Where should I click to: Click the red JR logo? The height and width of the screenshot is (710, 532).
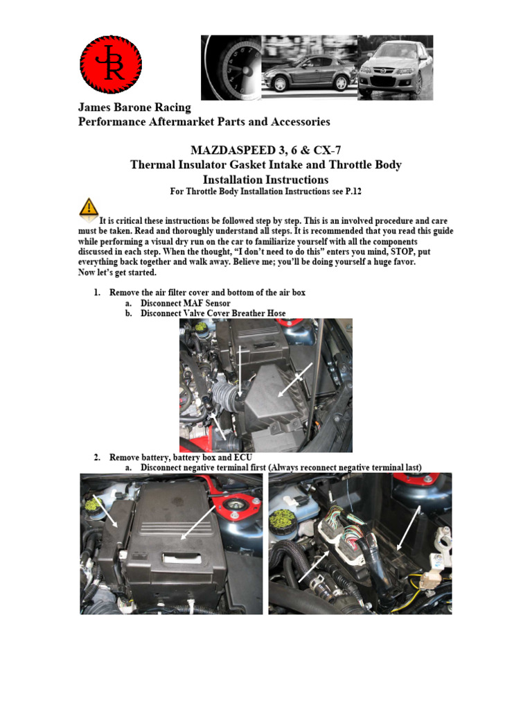pyautogui.click(x=111, y=64)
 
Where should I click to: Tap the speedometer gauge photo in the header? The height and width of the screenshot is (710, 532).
pyautogui.click(x=231, y=67)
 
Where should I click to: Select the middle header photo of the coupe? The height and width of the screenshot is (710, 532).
pyautogui.click(x=309, y=67)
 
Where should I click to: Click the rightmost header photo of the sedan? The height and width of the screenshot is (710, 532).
pyautogui.click(x=395, y=67)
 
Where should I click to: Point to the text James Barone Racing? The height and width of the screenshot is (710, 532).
pyautogui.click(x=134, y=107)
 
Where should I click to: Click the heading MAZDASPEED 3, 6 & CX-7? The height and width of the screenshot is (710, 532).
pyautogui.click(x=265, y=150)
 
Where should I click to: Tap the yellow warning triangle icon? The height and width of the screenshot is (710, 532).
pyautogui.click(x=88, y=207)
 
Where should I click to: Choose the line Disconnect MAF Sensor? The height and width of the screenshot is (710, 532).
pyautogui.click(x=184, y=303)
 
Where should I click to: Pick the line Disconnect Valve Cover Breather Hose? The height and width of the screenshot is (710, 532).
pyautogui.click(x=213, y=313)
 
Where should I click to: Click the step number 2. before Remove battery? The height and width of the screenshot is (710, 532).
pyautogui.click(x=98, y=458)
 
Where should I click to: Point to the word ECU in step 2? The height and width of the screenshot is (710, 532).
pyautogui.click(x=242, y=458)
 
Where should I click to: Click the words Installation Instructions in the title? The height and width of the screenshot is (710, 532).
pyautogui.click(x=265, y=179)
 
